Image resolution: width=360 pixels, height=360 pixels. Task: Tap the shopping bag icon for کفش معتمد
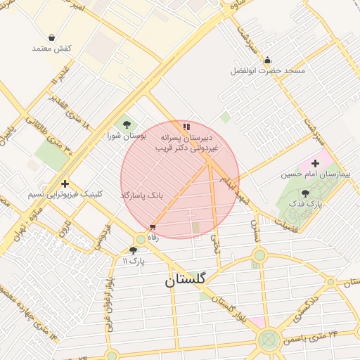coord(52,37)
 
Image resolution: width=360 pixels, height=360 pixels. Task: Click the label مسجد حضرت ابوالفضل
coord(269,71)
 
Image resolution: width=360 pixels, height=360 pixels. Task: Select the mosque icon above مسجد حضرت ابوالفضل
coord(269,60)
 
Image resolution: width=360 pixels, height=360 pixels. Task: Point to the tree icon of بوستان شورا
coord(127,124)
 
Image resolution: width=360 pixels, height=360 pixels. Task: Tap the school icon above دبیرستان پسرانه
coord(186,127)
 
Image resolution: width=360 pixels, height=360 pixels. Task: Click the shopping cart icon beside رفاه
coord(153,227)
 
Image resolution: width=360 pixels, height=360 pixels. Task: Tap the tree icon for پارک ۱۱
coord(134,250)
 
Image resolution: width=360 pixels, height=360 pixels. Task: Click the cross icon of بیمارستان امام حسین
coord(315,163)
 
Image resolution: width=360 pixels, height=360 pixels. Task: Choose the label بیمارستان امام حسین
coord(314,174)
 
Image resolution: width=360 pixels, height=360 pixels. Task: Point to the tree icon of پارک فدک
coord(304,193)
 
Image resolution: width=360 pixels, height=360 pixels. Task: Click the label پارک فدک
coord(304,203)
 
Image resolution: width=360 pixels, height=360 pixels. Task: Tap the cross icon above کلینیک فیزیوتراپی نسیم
coord(65,183)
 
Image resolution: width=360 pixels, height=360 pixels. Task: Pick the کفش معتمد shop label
coord(52,49)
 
